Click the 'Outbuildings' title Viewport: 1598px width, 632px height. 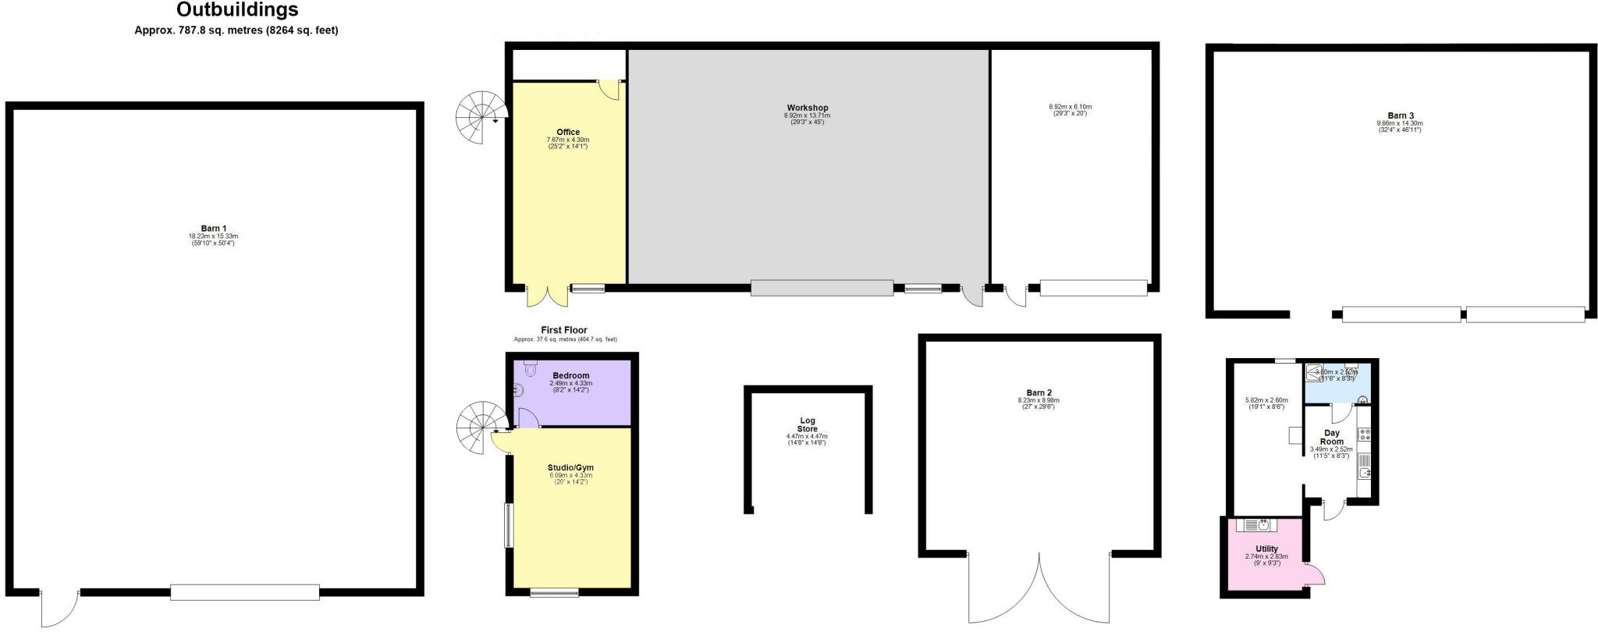pos(237,10)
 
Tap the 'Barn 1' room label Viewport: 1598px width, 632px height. pos(213,229)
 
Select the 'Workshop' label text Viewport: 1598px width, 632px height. pos(808,108)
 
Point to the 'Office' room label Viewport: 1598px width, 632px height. pos(568,132)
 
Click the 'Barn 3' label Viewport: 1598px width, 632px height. pos(1401,115)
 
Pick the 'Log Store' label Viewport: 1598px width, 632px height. pos(808,425)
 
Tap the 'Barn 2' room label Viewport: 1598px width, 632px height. pos(1039,392)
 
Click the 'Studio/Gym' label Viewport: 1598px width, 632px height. pos(570,467)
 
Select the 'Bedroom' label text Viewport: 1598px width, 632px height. pos(571,375)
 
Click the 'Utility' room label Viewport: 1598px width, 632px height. pos(1266,549)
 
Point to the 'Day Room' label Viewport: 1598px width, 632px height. pos(1332,437)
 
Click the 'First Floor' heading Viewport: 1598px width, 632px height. pos(564,330)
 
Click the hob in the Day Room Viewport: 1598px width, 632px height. pos(1365,434)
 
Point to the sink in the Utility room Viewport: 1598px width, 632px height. pos(1263,524)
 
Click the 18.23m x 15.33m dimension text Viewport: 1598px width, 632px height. pos(213,236)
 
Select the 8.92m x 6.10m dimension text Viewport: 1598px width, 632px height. pos(1070,107)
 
